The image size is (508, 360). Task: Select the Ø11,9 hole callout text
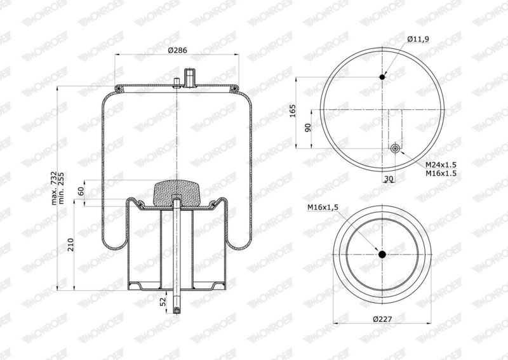[x=417, y=40]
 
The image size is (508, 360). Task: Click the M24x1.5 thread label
[x=441, y=164]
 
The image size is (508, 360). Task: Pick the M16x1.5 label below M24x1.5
[x=441, y=173]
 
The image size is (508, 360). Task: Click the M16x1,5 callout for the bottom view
[x=323, y=207]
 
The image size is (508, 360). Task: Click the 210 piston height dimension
[x=70, y=244]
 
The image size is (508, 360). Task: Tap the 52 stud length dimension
[x=163, y=300]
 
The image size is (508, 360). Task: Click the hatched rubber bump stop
[x=177, y=190]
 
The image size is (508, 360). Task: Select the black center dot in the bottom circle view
[x=382, y=254]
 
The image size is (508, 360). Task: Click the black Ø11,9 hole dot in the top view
[x=382, y=77]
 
